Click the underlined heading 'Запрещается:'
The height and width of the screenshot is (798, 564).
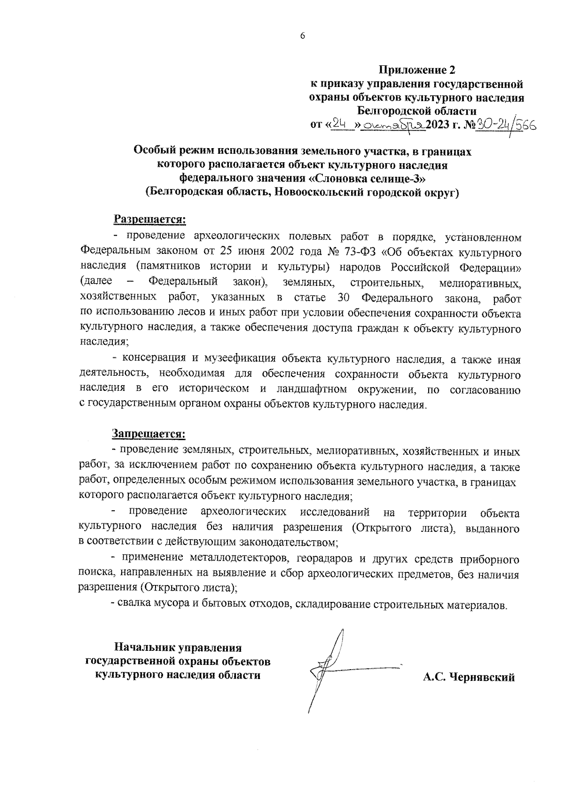(149, 433)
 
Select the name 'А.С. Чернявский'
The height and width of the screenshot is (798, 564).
(469, 677)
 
